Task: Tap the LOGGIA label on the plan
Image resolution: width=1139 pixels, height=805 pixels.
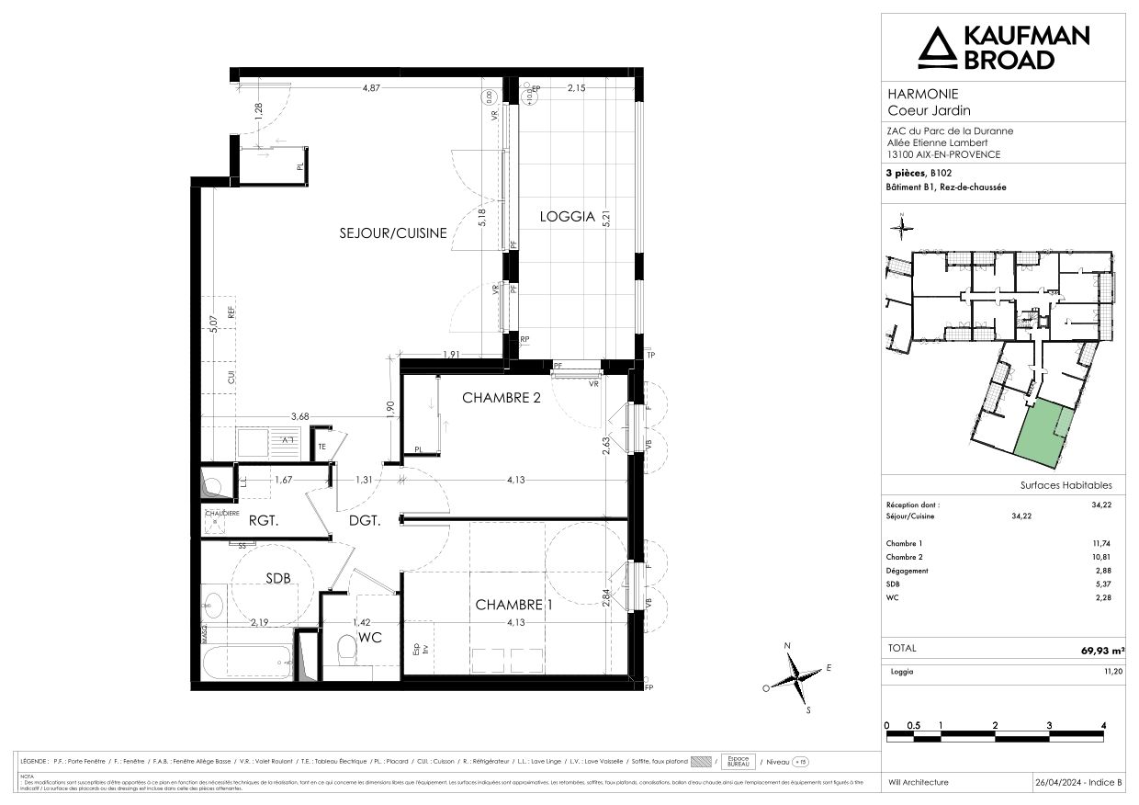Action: tap(561, 218)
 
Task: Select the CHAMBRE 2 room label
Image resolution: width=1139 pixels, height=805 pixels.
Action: tap(501, 398)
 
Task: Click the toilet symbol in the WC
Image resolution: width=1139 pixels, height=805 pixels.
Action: tap(347, 652)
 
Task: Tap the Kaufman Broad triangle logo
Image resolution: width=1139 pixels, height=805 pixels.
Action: tap(937, 49)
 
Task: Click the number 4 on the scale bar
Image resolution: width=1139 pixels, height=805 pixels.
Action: tap(1103, 725)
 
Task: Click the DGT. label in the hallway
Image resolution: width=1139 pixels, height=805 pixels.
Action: tap(365, 519)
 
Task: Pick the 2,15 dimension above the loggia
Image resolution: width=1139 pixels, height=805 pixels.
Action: tap(576, 88)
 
